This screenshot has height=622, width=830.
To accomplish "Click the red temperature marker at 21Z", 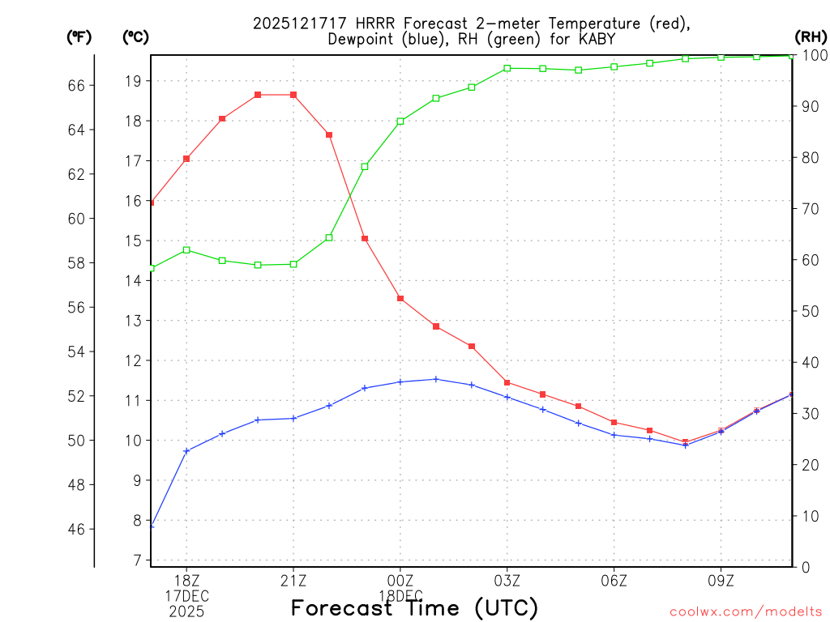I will tap(293, 95).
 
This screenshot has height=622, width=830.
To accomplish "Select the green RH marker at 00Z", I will tap(400, 121).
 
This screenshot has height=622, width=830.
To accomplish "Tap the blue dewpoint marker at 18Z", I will tap(186, 451).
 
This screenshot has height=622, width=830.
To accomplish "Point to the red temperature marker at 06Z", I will tap(614, 422).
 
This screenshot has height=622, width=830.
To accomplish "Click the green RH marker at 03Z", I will tap(507, 68).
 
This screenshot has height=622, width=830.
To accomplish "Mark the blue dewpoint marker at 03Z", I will tap(507, 397).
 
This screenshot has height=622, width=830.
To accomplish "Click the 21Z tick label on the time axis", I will tap(293, 581).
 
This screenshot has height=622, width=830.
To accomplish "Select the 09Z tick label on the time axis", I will tap(721, 581).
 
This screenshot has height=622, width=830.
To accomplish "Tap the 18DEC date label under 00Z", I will tap(400, 596).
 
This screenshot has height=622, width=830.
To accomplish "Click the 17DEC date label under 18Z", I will tap(186, 596).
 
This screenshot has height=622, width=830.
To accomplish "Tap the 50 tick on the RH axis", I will tap(807, 311).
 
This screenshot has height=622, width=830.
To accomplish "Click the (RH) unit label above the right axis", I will tap(810, 36).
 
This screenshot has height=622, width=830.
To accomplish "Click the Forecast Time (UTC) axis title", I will tap(414, 607).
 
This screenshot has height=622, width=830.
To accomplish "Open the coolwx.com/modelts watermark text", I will tap(746, 611).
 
